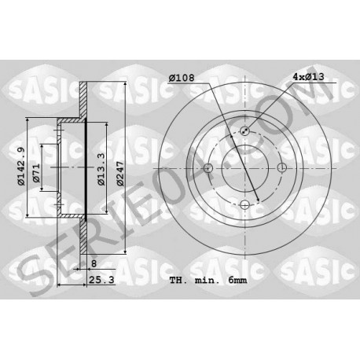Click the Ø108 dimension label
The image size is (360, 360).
[182, 78]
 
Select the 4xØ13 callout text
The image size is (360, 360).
[308, 77]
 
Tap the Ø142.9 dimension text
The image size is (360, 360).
[21, 167]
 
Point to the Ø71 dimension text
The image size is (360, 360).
[36, 173]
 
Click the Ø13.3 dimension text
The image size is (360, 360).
[101, 169]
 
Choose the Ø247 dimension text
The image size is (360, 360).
[120, 174]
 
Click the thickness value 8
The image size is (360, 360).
[94, 263]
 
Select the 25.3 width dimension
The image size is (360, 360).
[101, 280]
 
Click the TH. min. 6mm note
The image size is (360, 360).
[208, 280]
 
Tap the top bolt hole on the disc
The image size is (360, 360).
[244, 130]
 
